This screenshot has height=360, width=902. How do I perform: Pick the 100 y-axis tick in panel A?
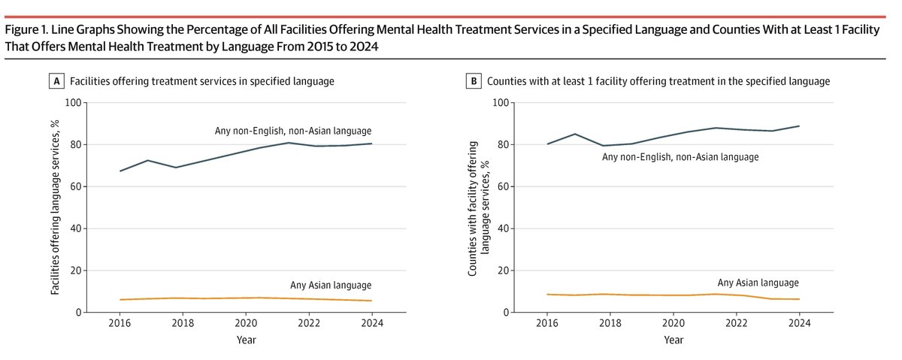pos(74,103)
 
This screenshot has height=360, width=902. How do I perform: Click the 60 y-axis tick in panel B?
pos(498,186)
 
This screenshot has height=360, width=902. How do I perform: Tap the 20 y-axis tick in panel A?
pos(76,271)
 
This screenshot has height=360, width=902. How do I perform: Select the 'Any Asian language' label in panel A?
pos(331,285)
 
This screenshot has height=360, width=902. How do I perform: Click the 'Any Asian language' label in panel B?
pos(758,283)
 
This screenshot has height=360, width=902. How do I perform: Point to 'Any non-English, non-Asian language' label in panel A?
pos(293,132)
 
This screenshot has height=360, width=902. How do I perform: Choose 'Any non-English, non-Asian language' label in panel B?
pos(680,157)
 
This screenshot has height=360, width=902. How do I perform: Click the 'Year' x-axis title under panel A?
pos(246,340)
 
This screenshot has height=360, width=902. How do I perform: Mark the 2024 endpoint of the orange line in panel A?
pos(371,301)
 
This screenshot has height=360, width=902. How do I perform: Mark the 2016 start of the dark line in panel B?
pos(547,144)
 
